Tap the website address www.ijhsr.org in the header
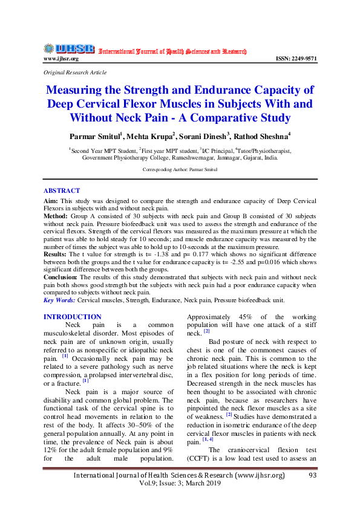tap(61, 59)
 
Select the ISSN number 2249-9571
tap(296, 59)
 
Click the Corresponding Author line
tap(180, 170)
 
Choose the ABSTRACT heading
tap(61, 190)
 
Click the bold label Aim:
tap(51, 200)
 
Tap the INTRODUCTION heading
tap(73, 317)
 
